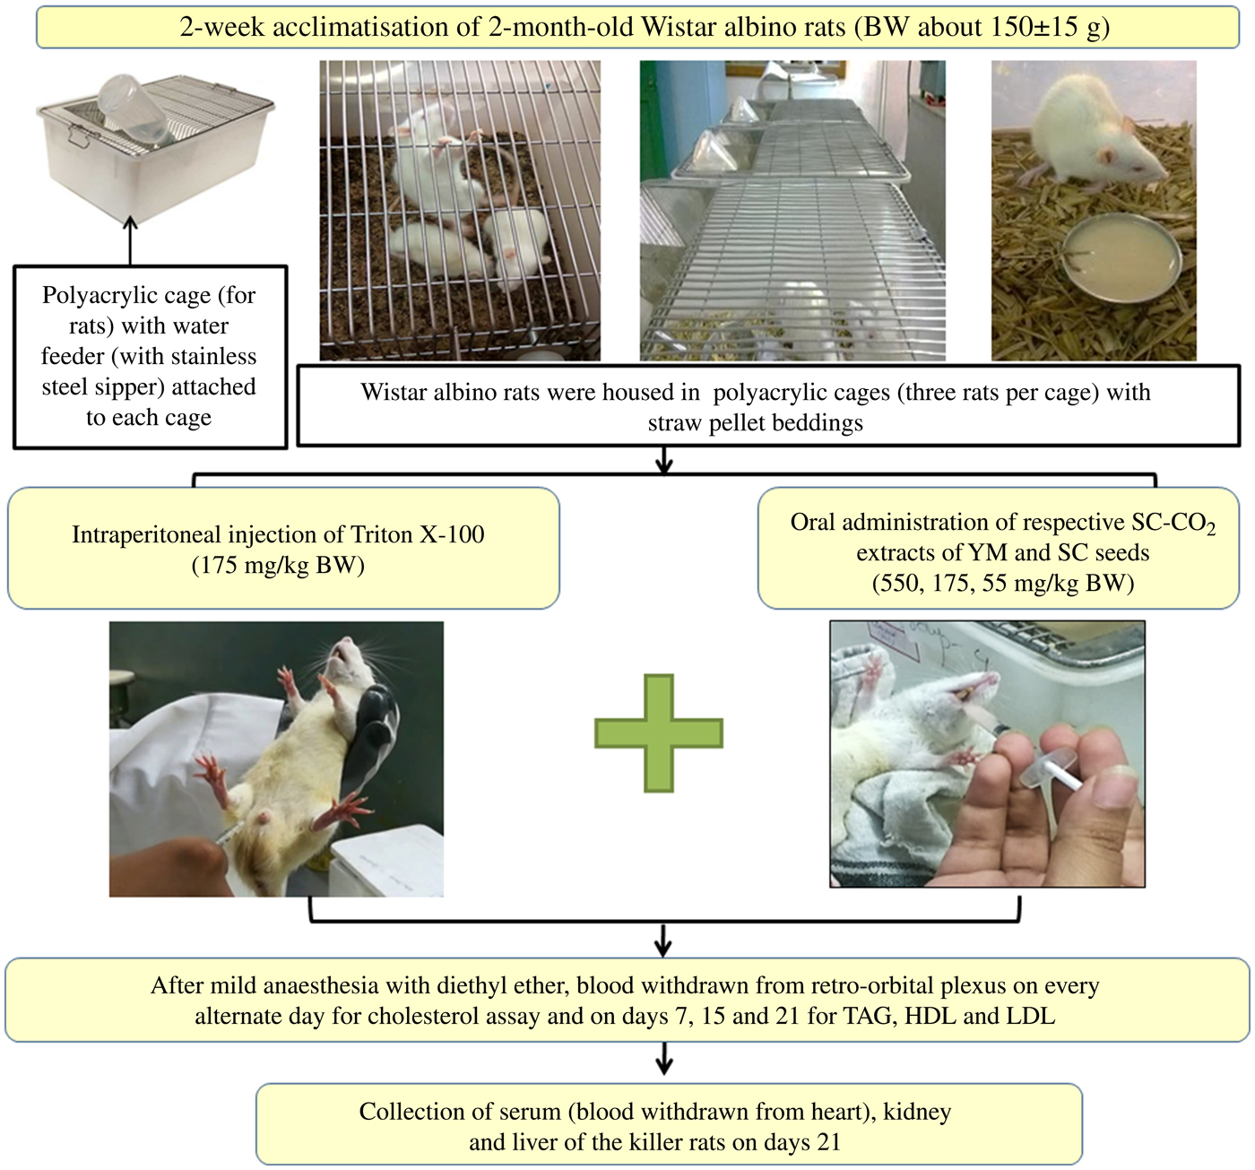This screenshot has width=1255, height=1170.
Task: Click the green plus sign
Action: coord(659,733)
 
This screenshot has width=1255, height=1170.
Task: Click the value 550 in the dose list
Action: coord(896,584)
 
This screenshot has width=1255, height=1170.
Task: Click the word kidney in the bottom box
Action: coord(917,1112)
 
